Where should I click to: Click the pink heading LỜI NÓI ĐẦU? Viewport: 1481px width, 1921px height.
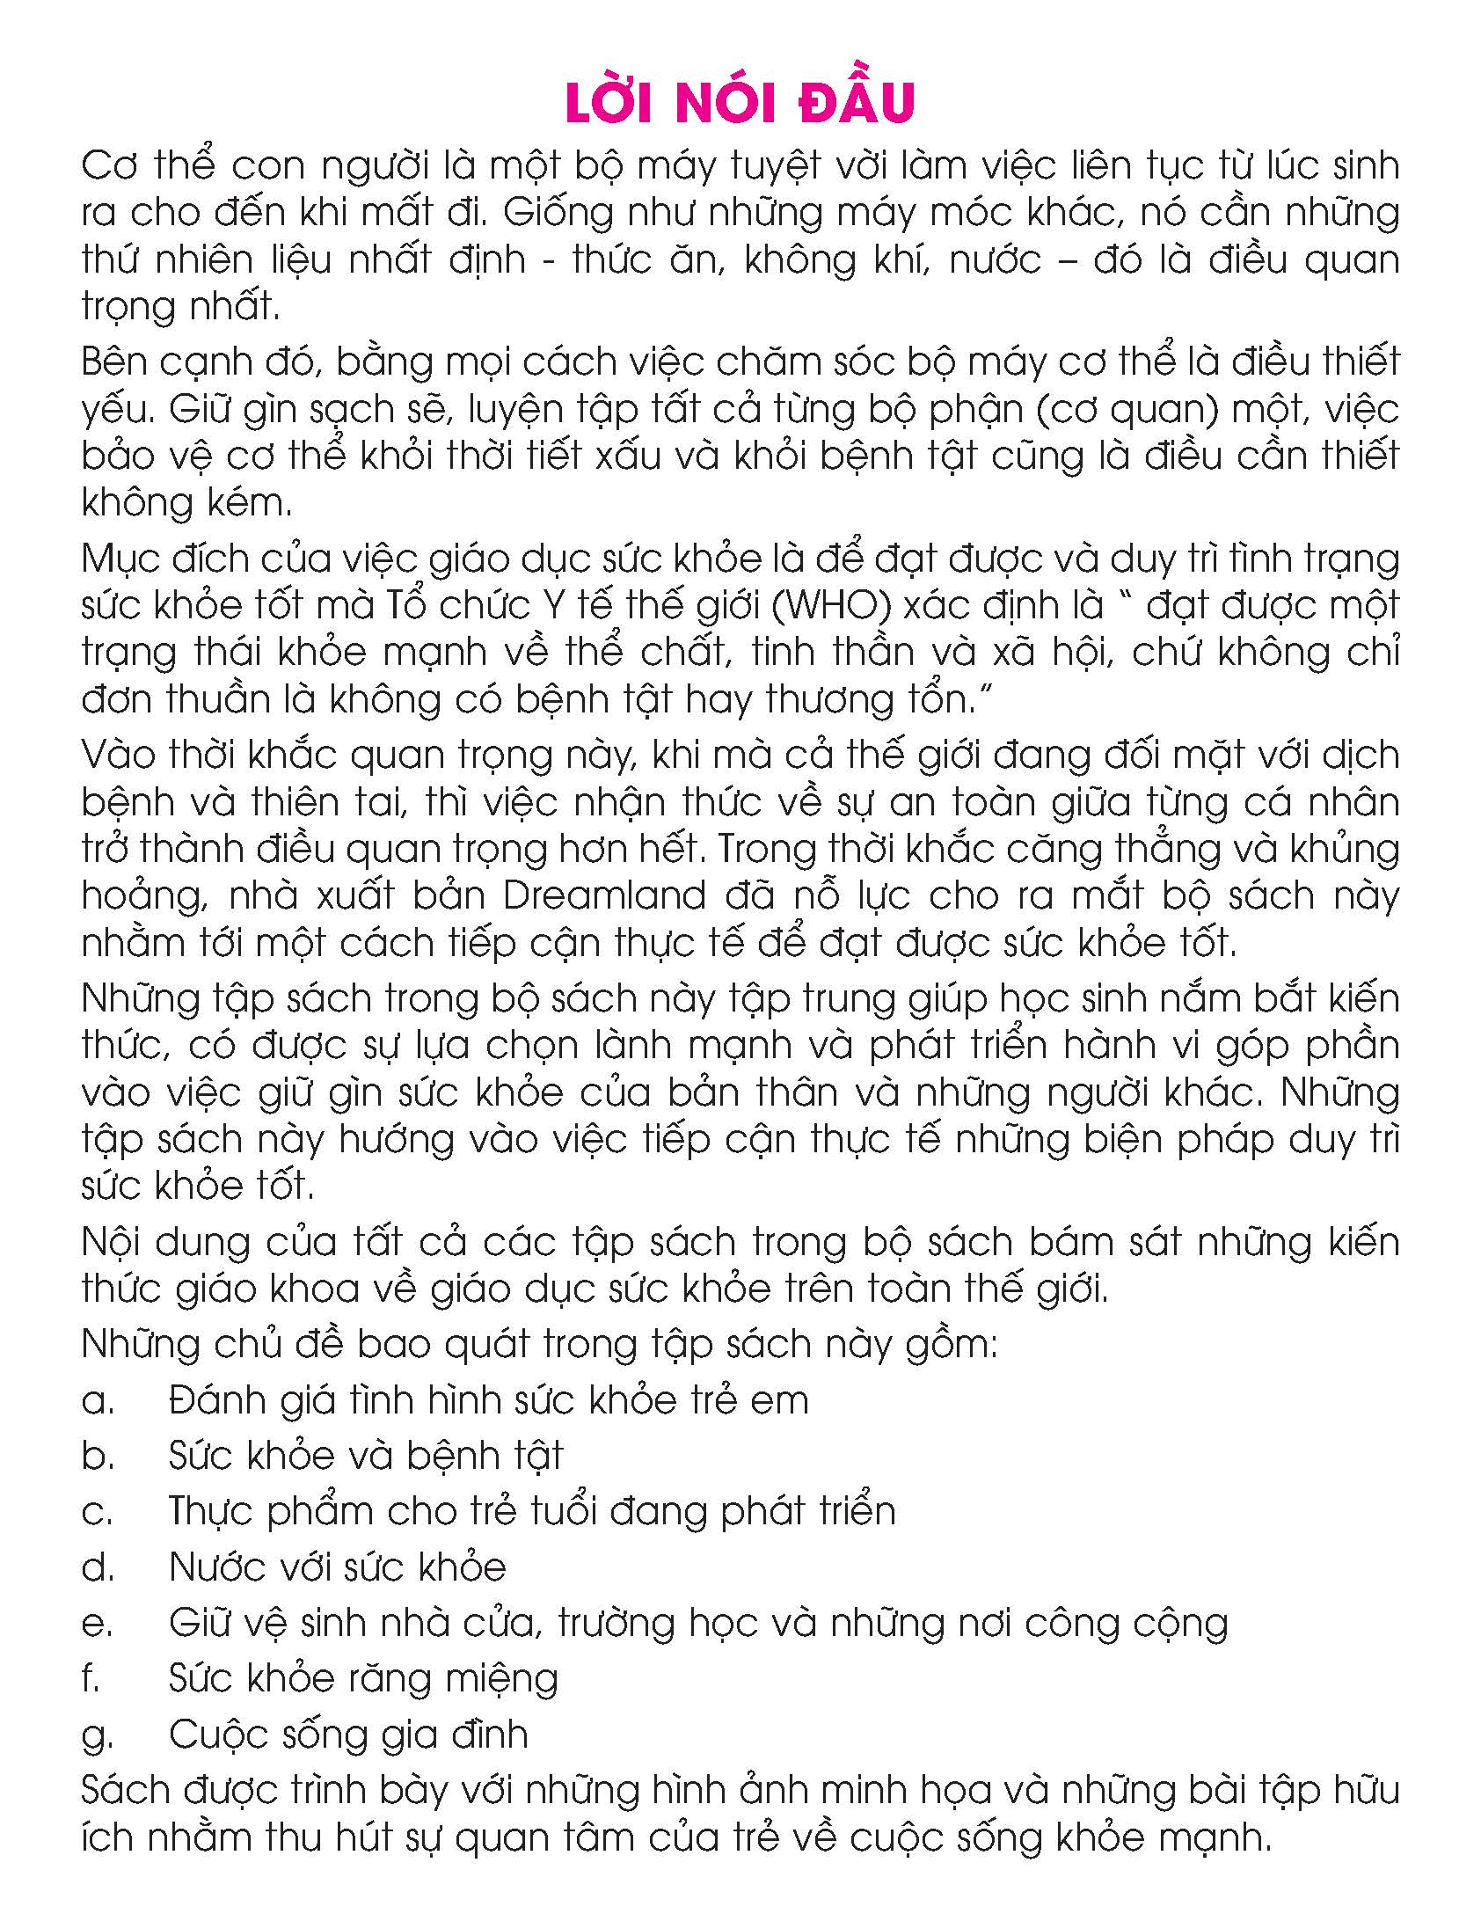click(x=740, y=103)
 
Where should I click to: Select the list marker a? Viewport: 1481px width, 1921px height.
click(x=98, y=1400)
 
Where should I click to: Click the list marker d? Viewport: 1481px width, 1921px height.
click(x=98, y=1567)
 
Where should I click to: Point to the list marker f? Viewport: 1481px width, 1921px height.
click(x=91, y=1678)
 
